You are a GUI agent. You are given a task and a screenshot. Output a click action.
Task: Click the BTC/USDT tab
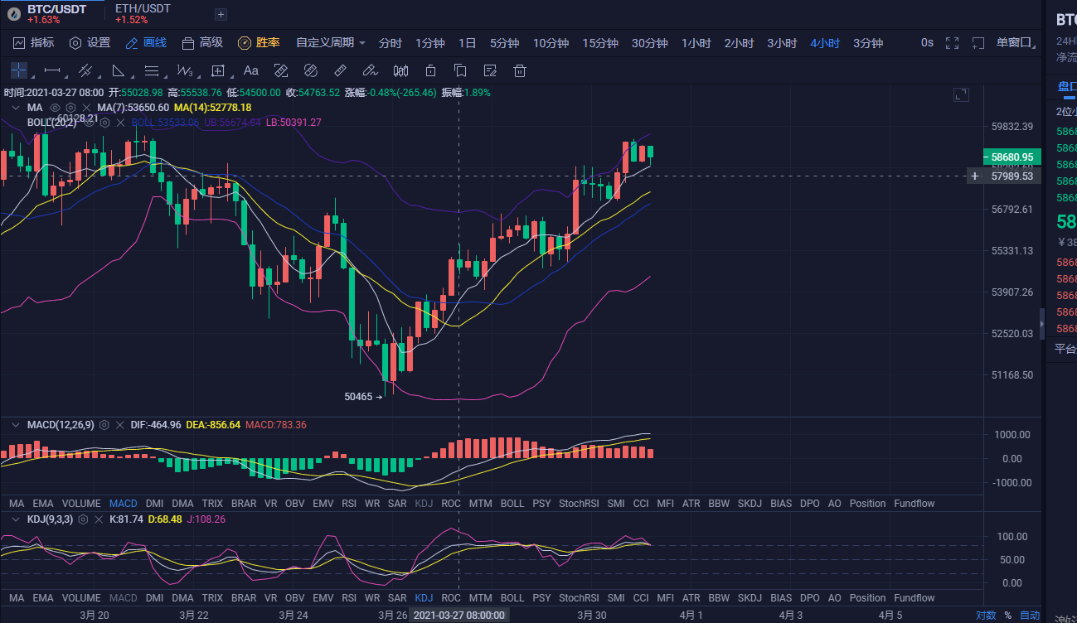(x=56, y=9)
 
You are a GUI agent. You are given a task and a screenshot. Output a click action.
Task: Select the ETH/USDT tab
(x=143, y=9)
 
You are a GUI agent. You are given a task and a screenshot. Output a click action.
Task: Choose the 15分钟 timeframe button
(x=599, y=43)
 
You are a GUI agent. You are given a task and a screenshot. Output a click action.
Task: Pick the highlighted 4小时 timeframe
(x=824, y=43)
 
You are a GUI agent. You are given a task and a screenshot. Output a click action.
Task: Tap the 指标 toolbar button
(x=34, y=43)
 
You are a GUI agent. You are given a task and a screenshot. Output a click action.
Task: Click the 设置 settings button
(x=90, y=43)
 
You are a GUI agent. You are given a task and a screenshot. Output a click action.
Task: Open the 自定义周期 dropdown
(x=330, y=43)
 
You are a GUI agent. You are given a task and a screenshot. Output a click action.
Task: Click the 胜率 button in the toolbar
(x=259, y=43)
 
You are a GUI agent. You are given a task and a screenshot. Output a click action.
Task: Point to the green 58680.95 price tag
(x=1012, y=157)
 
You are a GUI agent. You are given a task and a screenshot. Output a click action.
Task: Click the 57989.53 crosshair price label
(x=1012, y=176)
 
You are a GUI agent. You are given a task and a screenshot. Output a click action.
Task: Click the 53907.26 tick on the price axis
(x=1012, y=292)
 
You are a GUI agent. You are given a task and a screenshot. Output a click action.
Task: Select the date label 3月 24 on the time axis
(x=294, y=616)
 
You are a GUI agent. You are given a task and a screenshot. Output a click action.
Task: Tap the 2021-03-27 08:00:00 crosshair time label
(x=458, y=616)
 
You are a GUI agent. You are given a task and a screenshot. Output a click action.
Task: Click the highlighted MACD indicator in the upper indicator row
(x=123, y=504)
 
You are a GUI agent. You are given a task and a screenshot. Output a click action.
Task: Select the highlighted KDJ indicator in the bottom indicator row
(x=424, y=598)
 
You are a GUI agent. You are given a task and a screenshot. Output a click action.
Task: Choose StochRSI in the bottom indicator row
(x=579, y=598)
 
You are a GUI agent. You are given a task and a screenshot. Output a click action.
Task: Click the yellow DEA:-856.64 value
(x=212, y=425)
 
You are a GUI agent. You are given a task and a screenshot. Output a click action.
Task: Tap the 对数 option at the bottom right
(x=986, y=616)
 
